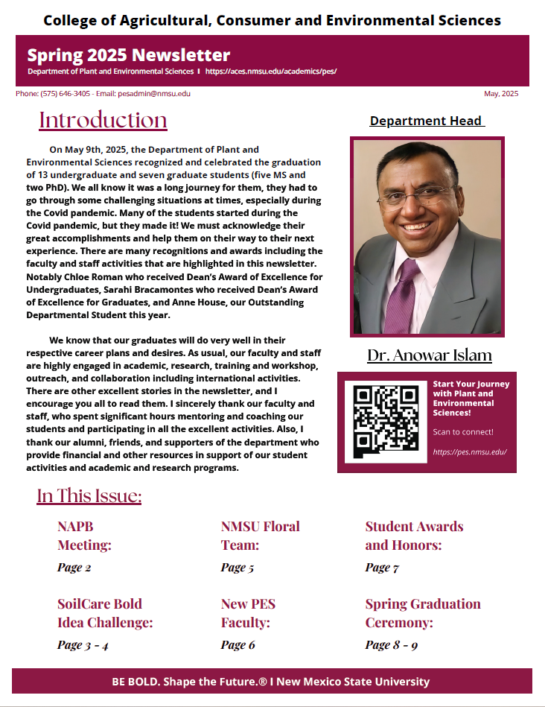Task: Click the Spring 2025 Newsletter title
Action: (x=129, y=54)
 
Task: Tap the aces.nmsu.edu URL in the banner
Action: (x=271, y=72)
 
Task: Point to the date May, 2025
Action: (x=501, y=94)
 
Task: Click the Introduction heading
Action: (x=103, y=120)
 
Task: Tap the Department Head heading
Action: (x=427, y=121)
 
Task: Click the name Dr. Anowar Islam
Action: (x=429, y=355)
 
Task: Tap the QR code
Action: (x=386, y=422)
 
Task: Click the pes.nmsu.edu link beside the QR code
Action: (x=469, y=451)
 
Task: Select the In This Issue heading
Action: (x=89, y=496)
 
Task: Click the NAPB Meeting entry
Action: (x=84, y=536)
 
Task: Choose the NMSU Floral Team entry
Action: (x=260, y=536)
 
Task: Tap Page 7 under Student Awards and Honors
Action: (x=382, y=568)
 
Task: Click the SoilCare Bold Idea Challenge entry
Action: (x=105, y=613)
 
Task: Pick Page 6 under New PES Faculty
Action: (x=238, y=645)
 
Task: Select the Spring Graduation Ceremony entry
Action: (x=422, y=613)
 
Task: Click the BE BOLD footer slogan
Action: (x=271, y=682)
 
